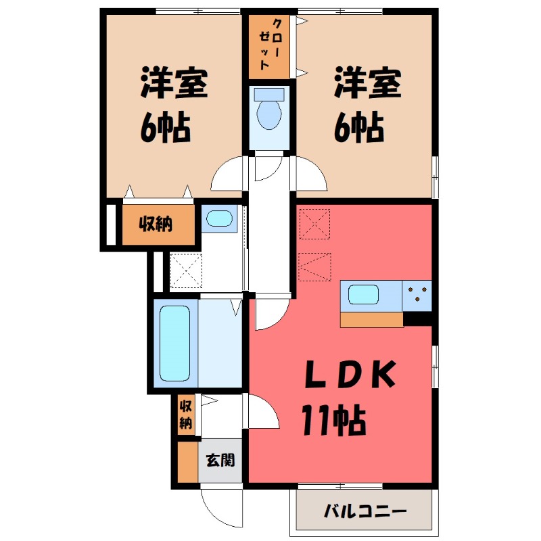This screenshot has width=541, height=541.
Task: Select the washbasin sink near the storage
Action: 218,218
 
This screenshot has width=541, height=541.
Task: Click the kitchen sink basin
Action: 364,295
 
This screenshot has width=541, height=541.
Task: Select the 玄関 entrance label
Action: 220,461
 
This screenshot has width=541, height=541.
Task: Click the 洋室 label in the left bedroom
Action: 173,85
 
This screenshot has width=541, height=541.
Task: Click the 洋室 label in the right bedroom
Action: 367,85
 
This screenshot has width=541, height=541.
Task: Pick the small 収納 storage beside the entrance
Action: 185,415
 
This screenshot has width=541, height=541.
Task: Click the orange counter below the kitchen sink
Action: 372,319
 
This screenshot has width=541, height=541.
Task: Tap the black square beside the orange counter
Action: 417,319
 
